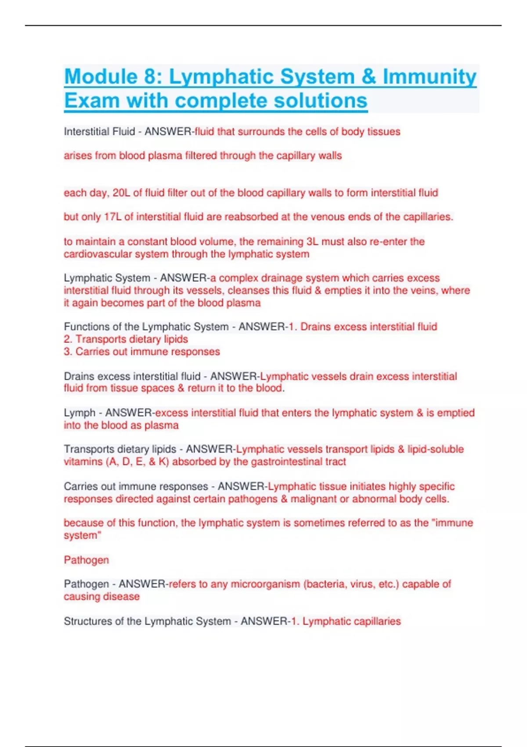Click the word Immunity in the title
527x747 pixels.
[x=429, y=76]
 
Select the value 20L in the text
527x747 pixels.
[x=121, y=193]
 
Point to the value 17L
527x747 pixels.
[x=112, y=217]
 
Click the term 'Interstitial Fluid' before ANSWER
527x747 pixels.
[x=99, y=132]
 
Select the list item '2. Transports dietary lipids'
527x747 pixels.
[x=126, y=339]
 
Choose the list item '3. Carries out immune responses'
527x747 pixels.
[x=141, y=352]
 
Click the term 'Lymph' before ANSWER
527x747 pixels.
[x=79, y=413]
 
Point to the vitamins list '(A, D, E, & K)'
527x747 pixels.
[x=137, y=462]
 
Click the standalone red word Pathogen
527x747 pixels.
[x=86, y=560]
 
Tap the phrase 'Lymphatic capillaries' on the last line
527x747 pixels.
[x=351, y=621]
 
